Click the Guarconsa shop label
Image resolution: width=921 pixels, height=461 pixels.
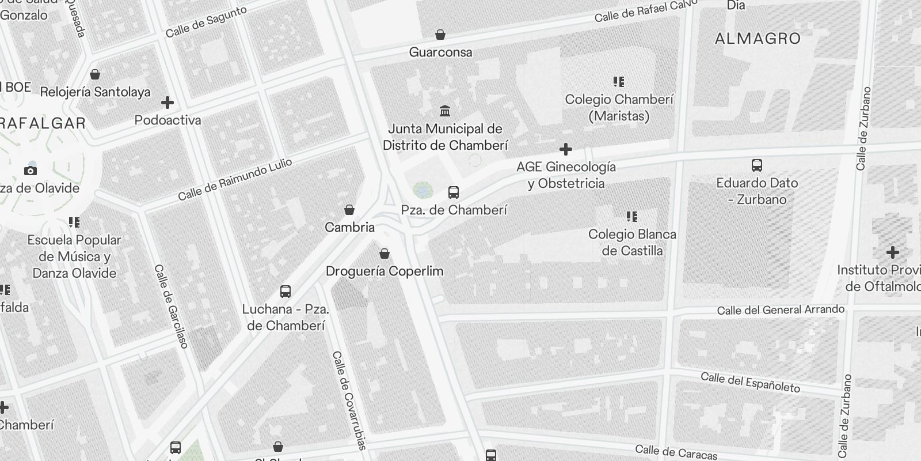click(440, 52)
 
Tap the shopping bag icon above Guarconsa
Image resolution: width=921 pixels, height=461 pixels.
click(440, 35)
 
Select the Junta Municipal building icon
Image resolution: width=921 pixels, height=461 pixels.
click(444, 111)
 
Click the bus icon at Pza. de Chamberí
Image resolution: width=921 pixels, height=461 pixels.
click(454, 192)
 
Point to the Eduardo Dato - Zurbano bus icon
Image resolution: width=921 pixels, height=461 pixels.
click(757, 165)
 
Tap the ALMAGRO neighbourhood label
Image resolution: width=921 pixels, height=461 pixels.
click(758, 39)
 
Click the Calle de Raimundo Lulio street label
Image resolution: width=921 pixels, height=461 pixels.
click(235, 180)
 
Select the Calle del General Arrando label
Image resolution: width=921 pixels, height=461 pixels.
click(781, 310)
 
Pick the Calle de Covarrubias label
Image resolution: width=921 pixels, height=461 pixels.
click(349, 400)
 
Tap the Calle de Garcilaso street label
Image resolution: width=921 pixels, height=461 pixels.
click(171, 306)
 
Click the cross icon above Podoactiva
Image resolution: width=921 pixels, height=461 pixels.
click(168, 103)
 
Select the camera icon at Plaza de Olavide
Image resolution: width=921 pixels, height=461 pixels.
click(31, 171)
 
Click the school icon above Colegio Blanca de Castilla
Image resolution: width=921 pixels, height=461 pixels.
click(632, 217)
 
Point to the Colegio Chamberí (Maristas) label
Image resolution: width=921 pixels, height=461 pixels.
click(619, 108)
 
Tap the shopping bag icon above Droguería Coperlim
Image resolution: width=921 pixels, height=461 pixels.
click(385, 254)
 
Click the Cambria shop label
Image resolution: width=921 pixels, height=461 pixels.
click(349, 228)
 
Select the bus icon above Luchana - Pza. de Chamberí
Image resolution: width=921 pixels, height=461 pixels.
click(286, 292)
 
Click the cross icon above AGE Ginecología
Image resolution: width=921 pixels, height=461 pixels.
click(566, 149)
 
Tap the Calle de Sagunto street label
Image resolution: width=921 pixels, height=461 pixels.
click(205, 22)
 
